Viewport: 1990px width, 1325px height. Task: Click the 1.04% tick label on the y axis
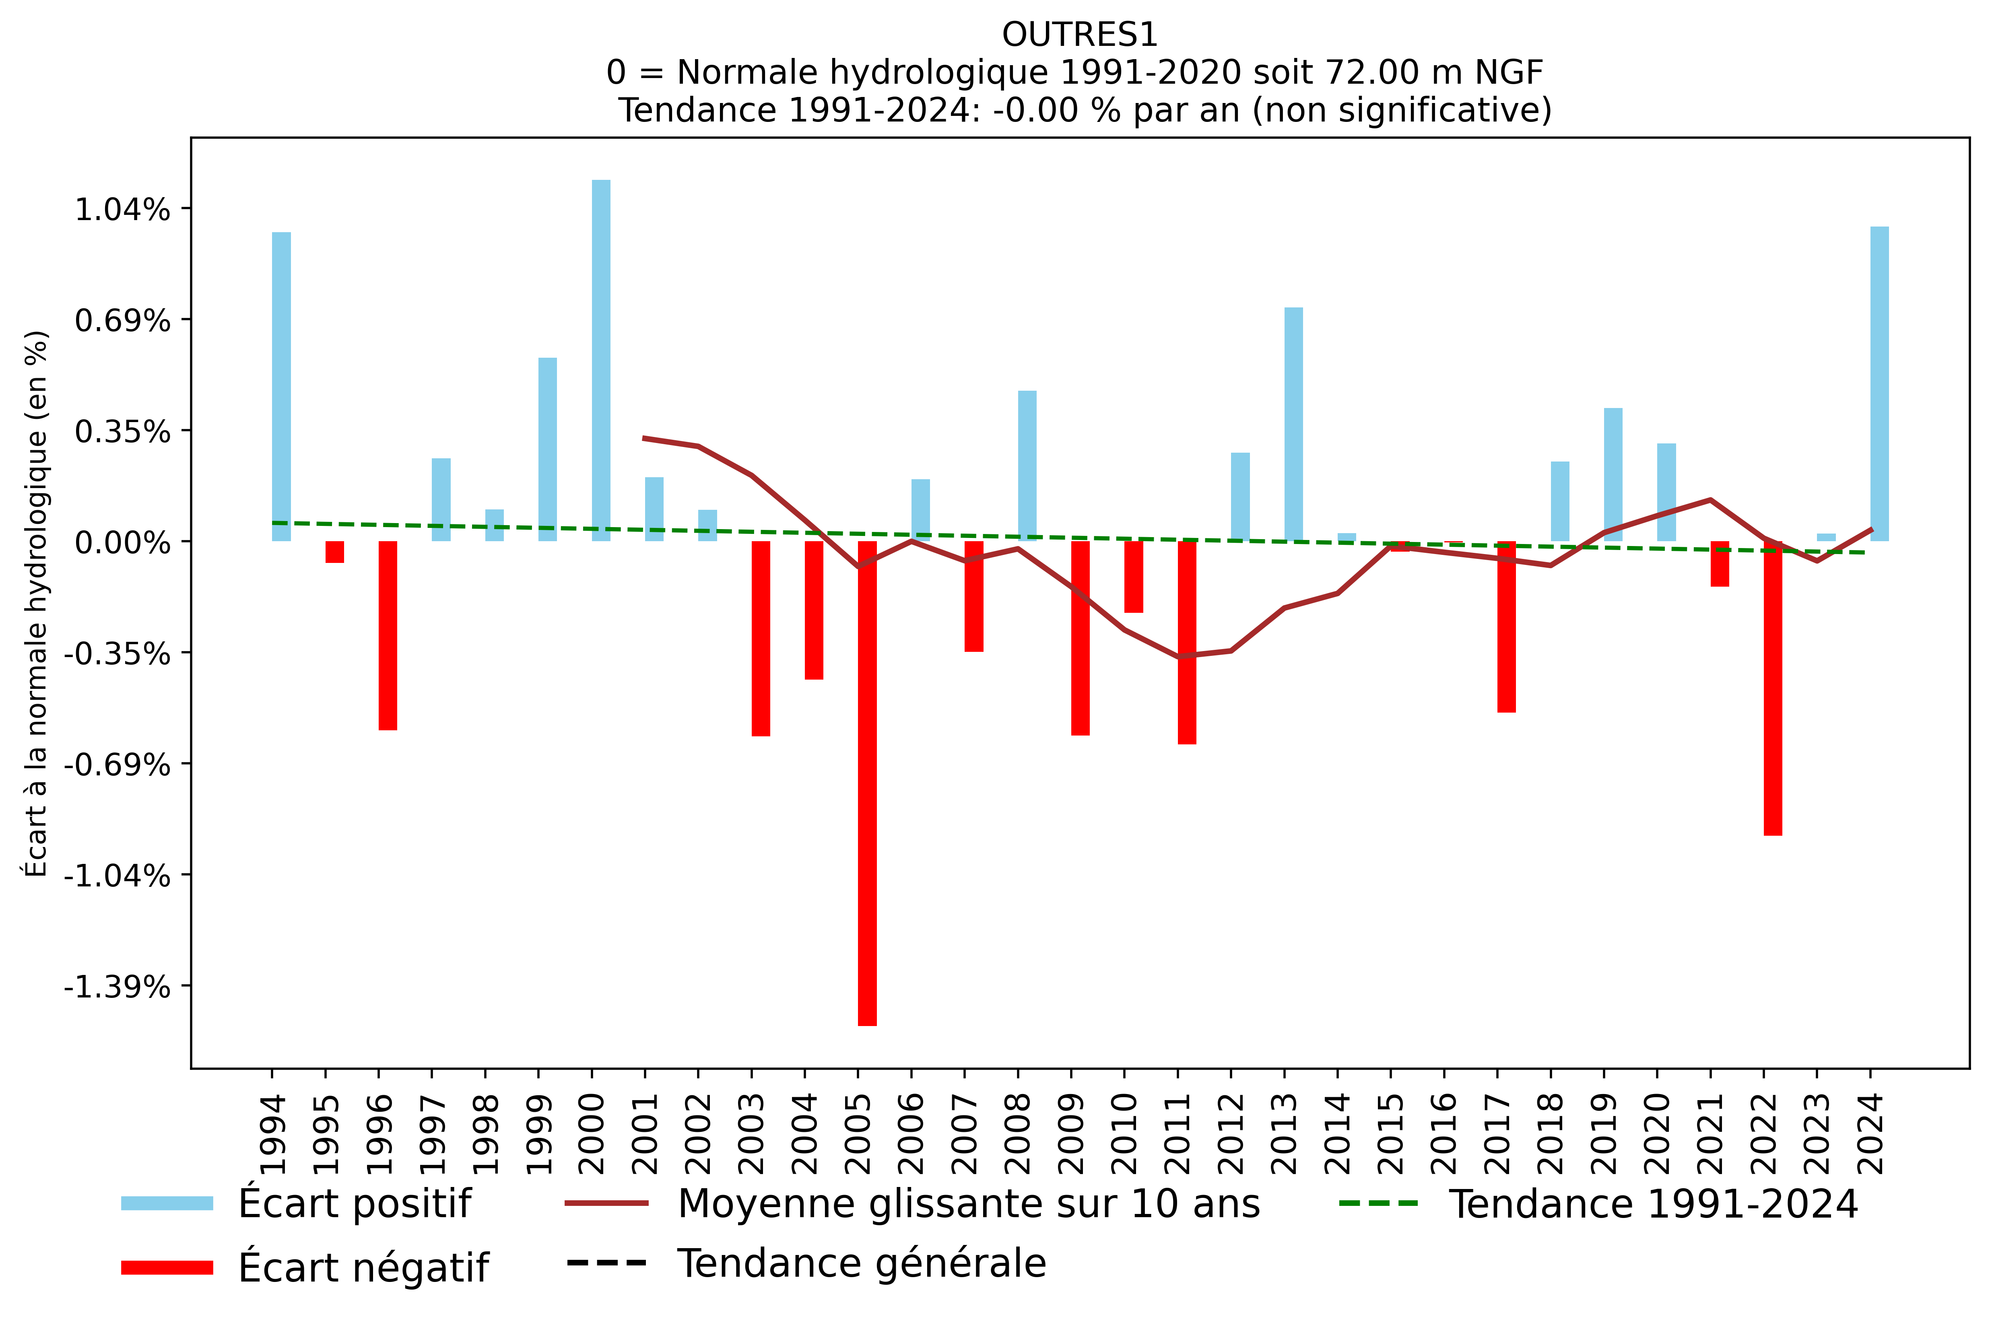(x=122, y=210)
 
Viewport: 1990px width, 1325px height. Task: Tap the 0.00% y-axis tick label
(x=122, y=542)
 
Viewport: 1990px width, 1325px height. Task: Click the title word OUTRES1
(x=1079, y=35)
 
